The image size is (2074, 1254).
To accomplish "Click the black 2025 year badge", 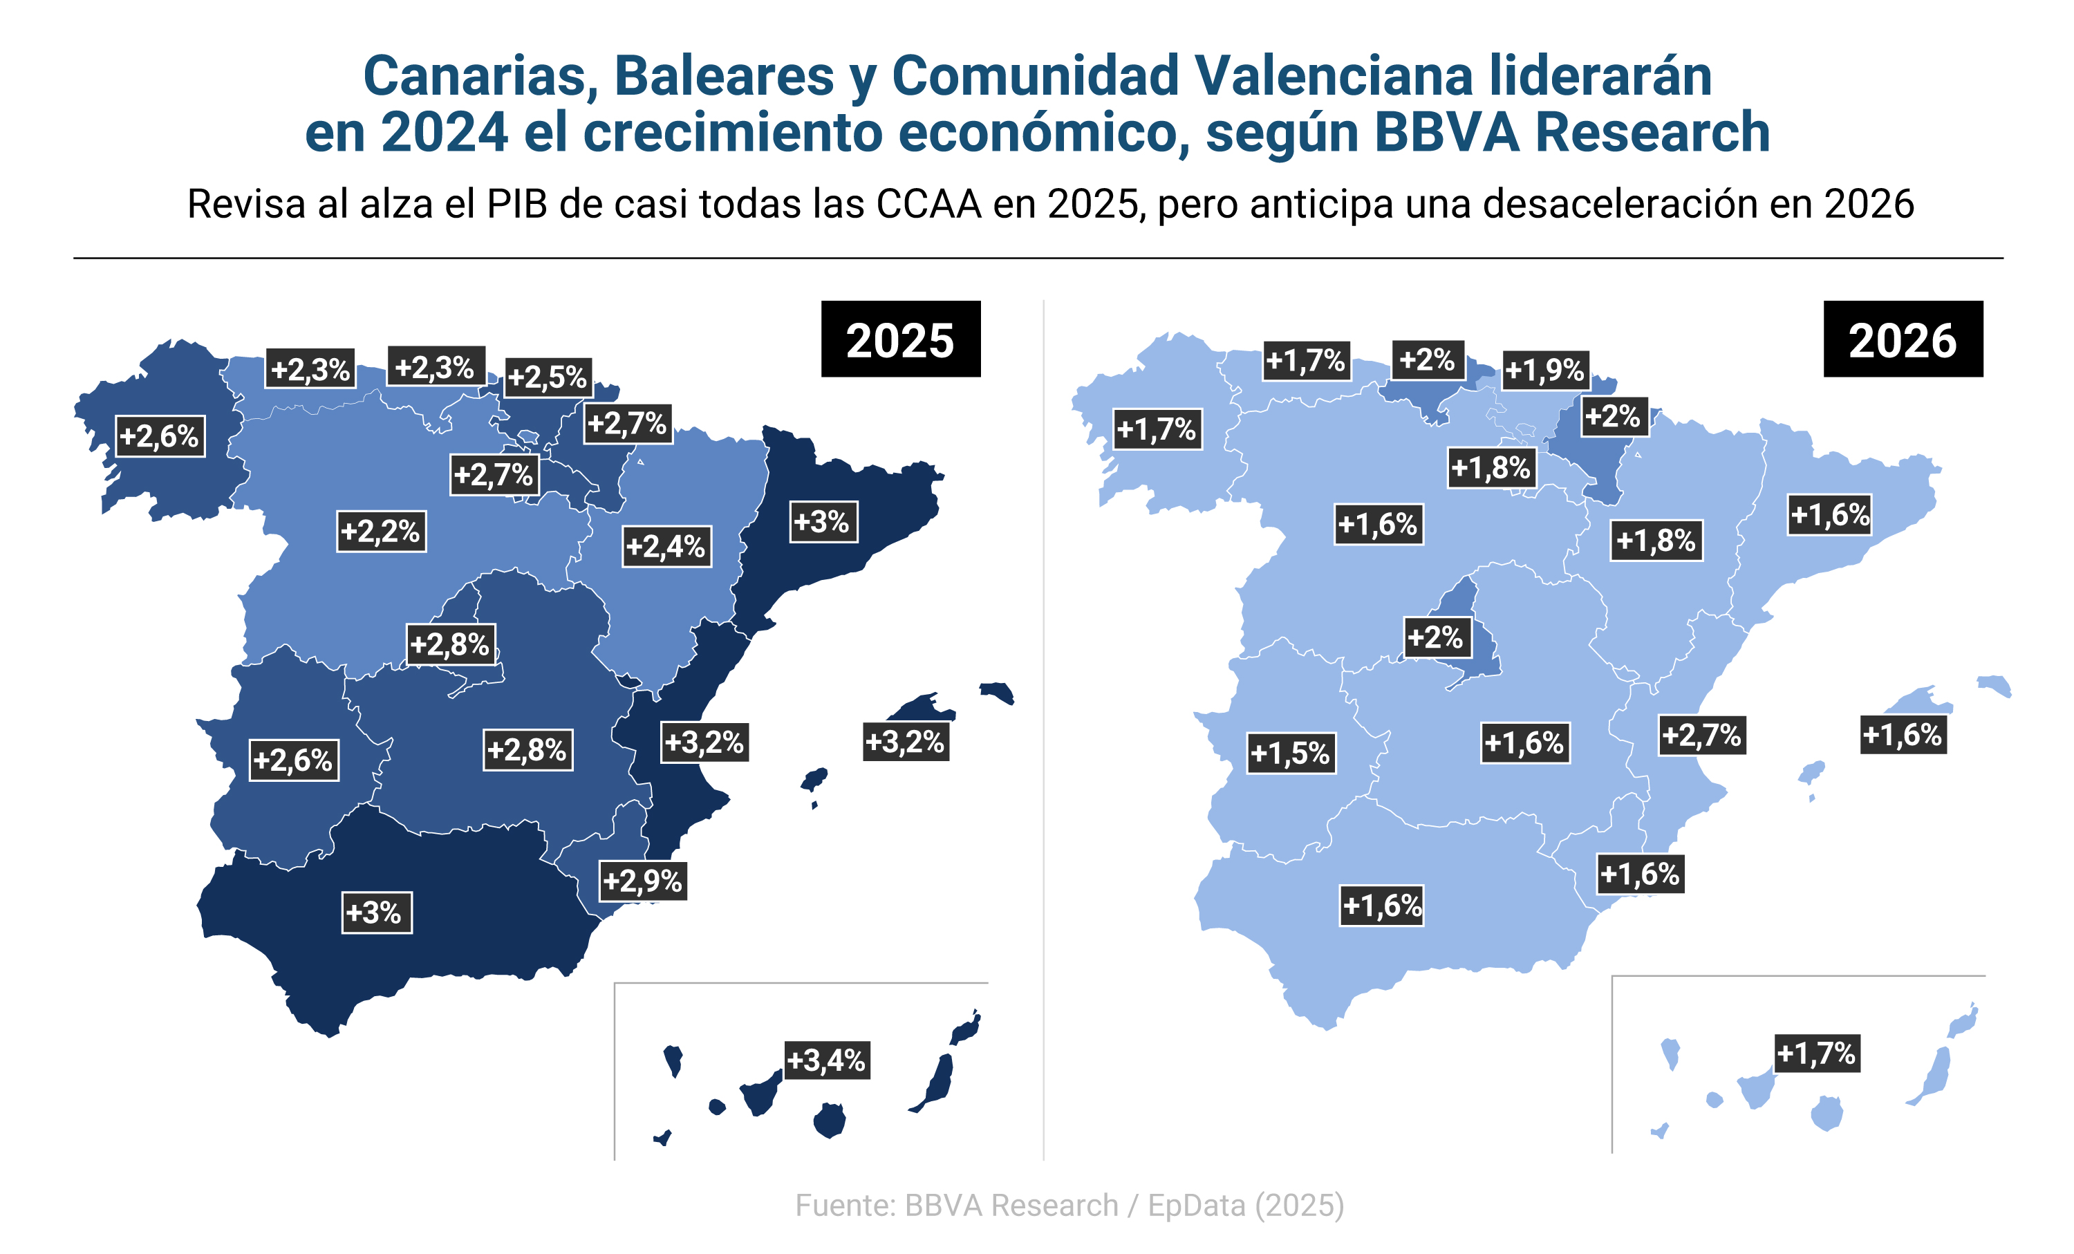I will pyautogui.click(x=900, y=339).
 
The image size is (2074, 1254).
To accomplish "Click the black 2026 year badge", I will pyautogui.click(x=1903, y=339).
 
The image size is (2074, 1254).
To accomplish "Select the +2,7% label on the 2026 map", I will pyautogui.click(x=1701, y=735).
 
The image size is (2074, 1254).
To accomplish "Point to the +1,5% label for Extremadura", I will pyautogui.click(x=1290, y=752).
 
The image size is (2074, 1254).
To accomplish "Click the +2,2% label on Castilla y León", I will pyautogui.click(x=380, y=531).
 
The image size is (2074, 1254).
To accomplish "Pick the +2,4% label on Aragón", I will pyautogui.click(x=666, y=546).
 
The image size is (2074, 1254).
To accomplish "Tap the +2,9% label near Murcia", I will pyautogui.click(x=642, y=880).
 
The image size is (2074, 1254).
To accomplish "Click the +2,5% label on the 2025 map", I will pyautogui.click(x=547, y=376).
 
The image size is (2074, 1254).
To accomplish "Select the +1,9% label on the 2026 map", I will pyautogui.click(x=1544, y=369).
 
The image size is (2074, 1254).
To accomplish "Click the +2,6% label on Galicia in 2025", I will pyautogui.click(x=159, y=436).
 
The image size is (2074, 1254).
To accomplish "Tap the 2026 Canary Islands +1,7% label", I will pyautogui.click(x=1816, y=1053).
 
